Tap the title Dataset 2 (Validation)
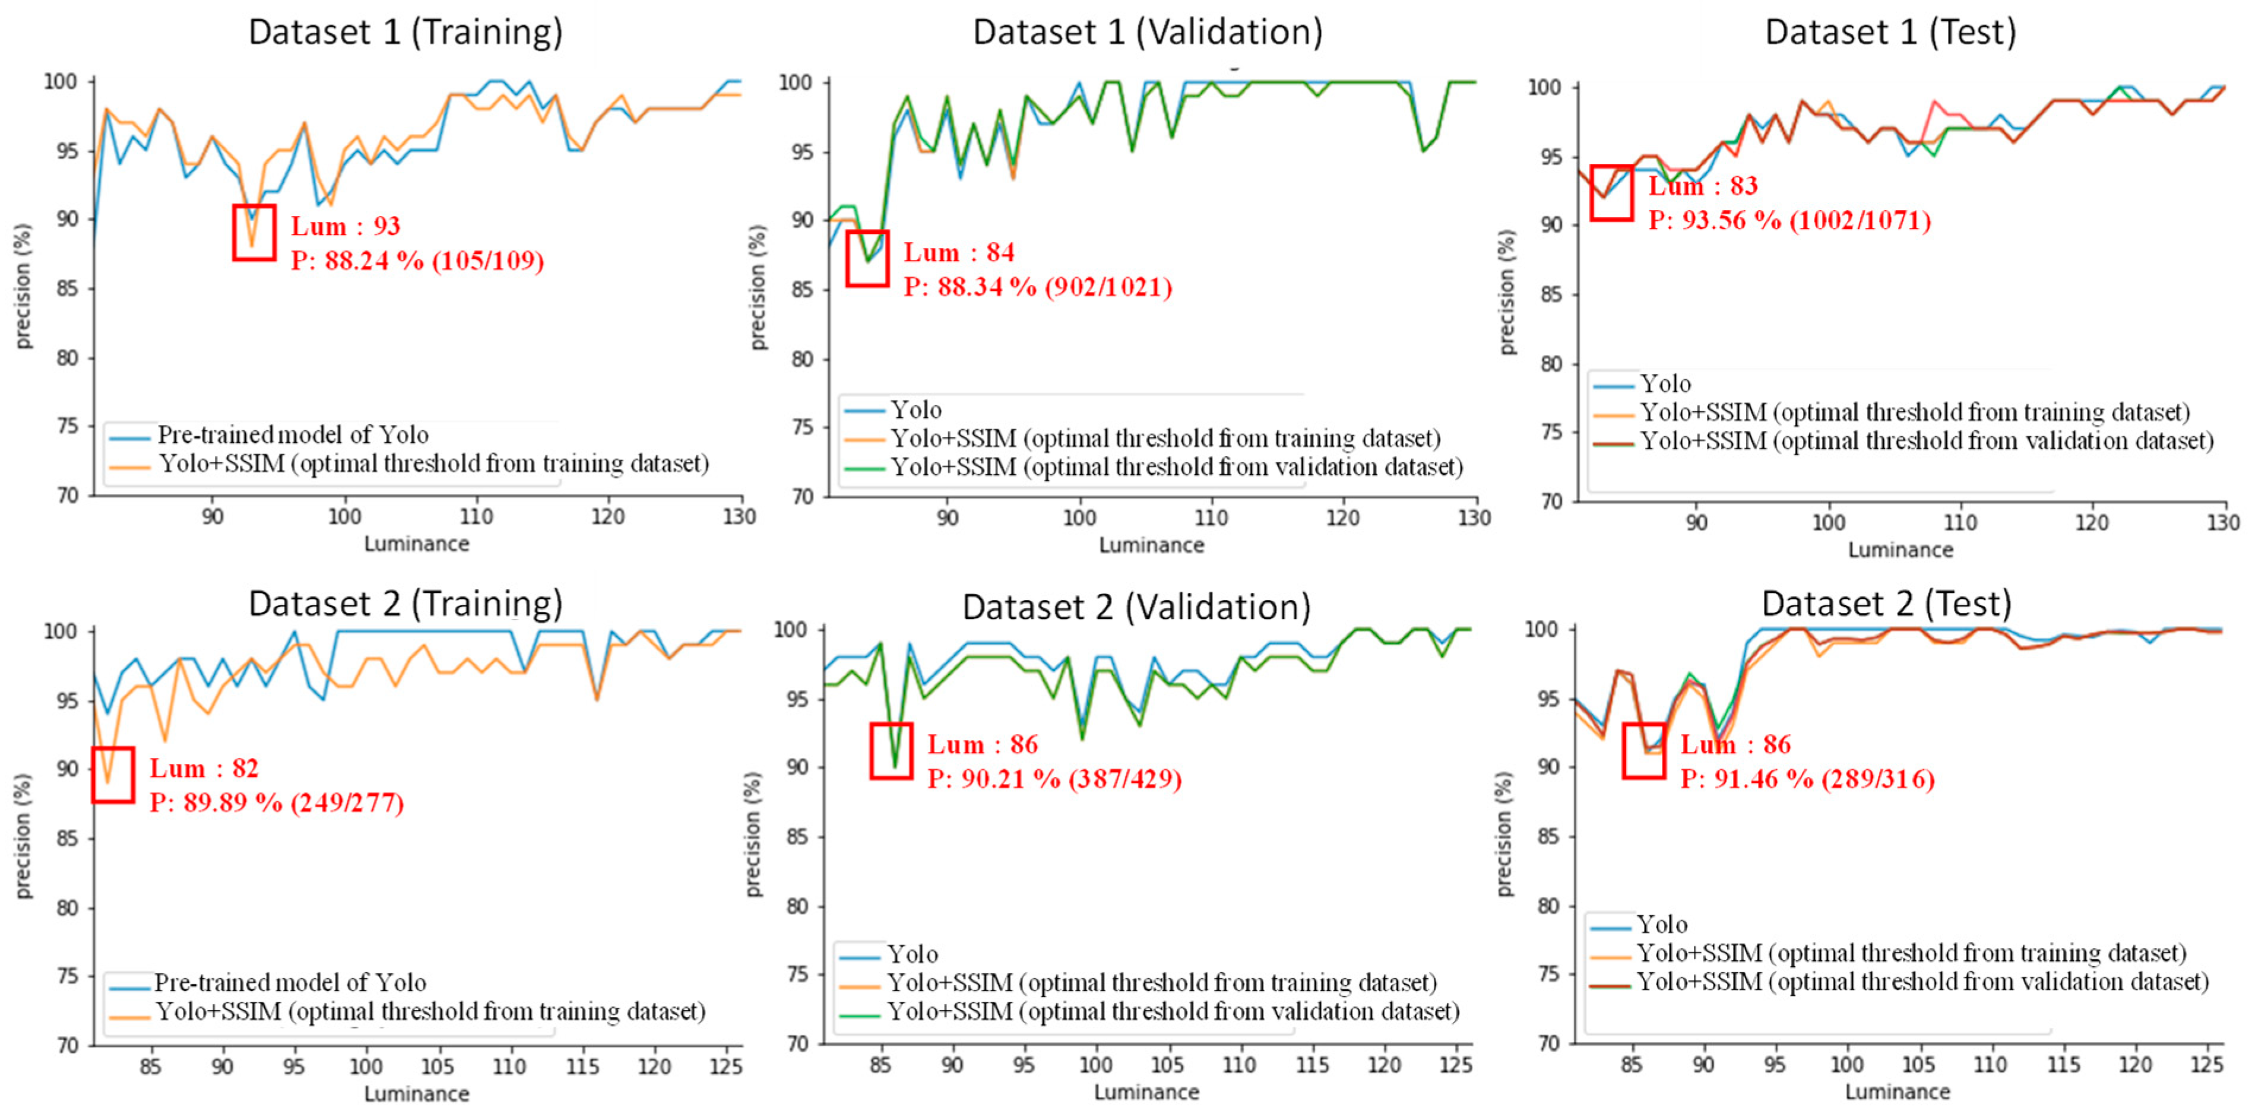[x=1137, y=607]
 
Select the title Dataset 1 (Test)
[x=1890, y=32]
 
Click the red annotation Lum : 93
[x=345, y=226]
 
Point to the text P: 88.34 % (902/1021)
[x=1037, y=287]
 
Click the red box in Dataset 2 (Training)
[x=113, y=775]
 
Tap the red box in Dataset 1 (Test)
[x=1611, y=193]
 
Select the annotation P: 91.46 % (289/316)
[x=1807, y=779]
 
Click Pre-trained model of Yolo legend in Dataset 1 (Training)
[x=293, y=435]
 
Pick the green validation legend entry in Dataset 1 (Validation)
[x=1175, y=467]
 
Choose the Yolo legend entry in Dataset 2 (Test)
[x=1661, y=925]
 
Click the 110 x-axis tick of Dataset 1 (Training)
[x=477, y=517]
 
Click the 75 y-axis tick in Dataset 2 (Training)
[x=68, y=976]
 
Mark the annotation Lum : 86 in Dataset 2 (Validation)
[x=982, y=745]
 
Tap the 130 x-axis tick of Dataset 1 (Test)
[x=2223, y=523]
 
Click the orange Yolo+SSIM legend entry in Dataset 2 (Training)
[x=429, y=1012]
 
